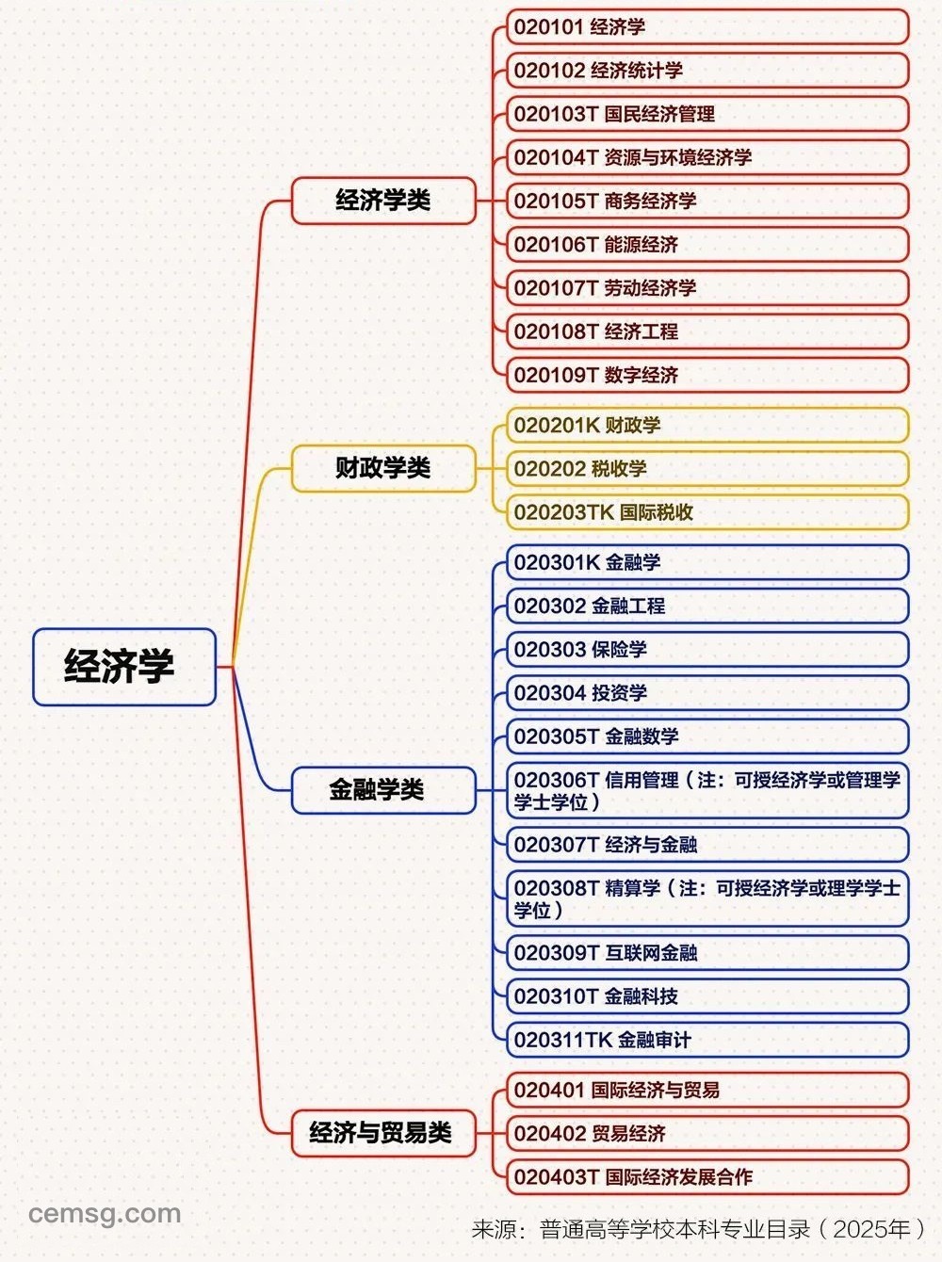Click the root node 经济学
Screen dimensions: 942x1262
point(124,667)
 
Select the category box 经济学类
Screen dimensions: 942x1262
point(383,201)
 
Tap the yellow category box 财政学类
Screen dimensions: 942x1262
point(383,468)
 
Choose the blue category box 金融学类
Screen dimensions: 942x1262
point(383,790)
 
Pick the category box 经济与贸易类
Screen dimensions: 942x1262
point(383,1133)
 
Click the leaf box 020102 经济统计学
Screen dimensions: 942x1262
point(707,70)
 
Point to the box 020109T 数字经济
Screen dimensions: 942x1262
point(707,375)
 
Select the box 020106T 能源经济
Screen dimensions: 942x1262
point(707,244)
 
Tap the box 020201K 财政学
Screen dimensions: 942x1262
point(707,425)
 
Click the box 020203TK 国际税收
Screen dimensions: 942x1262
point(707,511)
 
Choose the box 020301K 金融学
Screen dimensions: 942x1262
point(707,561)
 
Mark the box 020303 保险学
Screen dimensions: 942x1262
point(707,649)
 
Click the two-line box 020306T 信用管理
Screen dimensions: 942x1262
point(707,790)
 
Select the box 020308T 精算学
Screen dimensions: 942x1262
point(707,898)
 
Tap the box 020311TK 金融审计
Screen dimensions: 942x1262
point(707,1040)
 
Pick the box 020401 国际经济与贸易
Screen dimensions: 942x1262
point(707,1090)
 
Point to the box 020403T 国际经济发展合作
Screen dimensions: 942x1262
point(707,1177)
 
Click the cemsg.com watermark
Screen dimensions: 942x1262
point(105,1214)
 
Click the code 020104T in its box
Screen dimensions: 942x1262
point(557,157)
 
